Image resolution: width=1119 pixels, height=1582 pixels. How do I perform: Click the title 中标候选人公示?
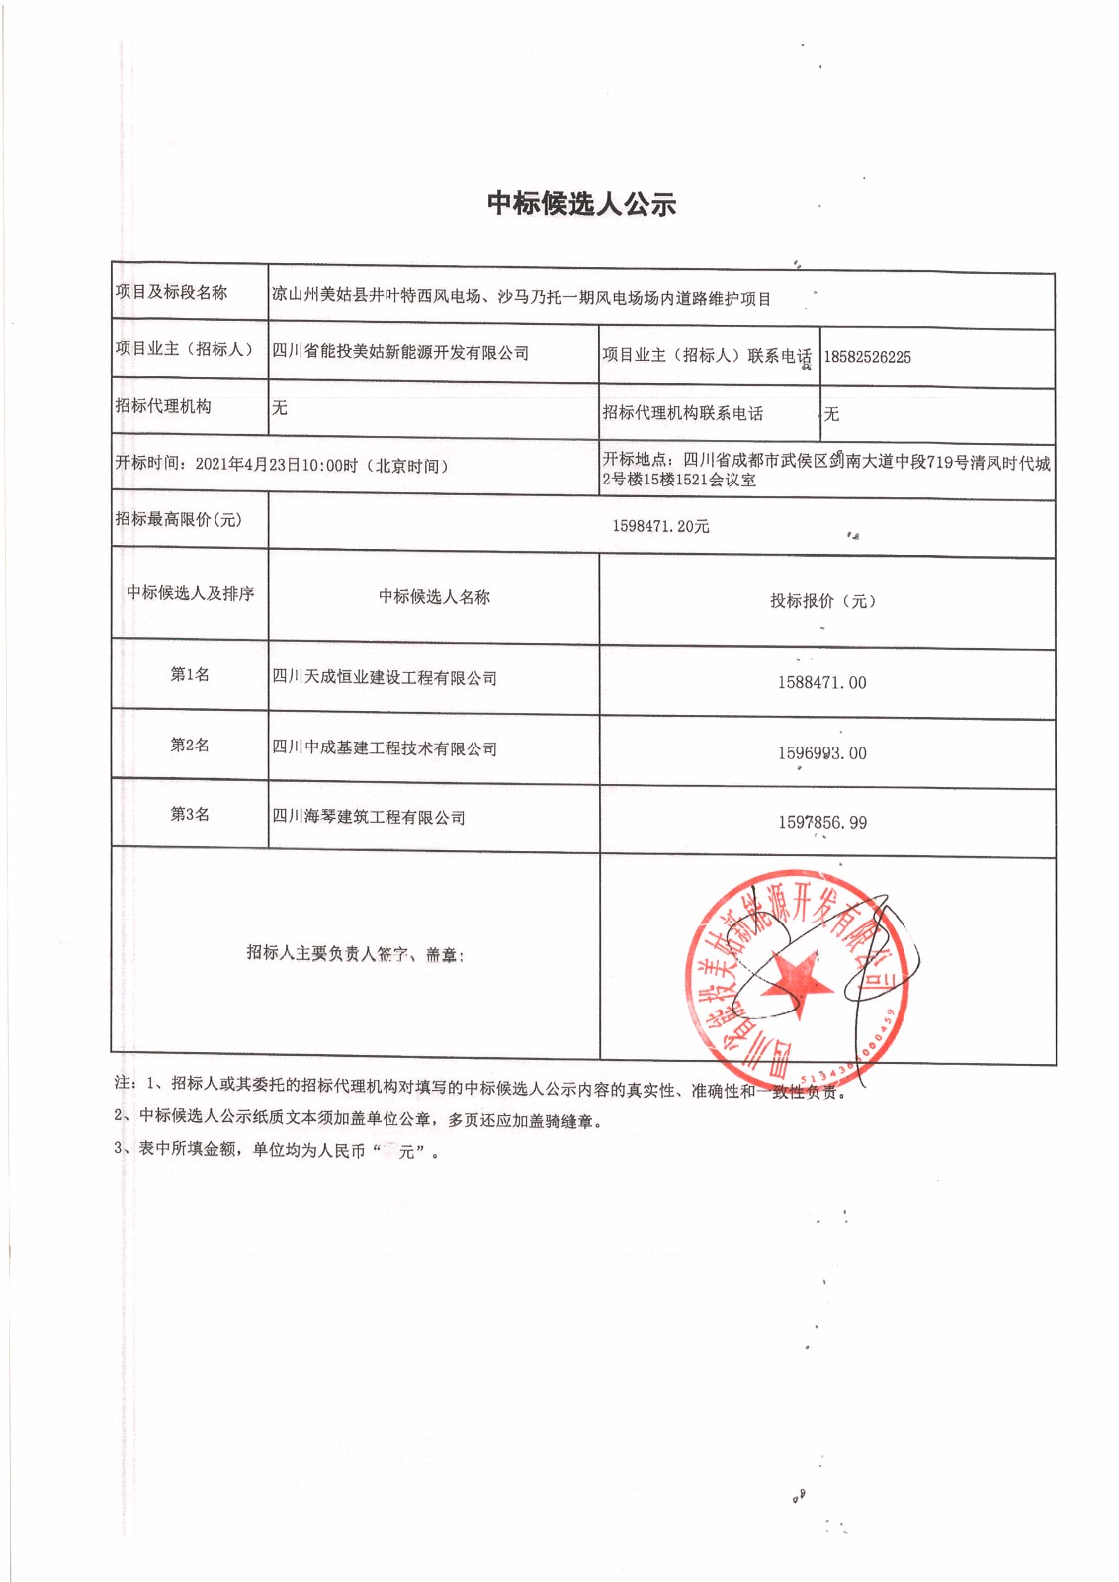click(581, 204)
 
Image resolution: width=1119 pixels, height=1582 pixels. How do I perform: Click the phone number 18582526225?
click(867, 357)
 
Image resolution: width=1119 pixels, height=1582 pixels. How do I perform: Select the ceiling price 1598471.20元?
click(660, 526)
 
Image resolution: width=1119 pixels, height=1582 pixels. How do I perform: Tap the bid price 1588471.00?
click(821, 683)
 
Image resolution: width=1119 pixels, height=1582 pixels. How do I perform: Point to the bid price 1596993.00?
click(821, 753)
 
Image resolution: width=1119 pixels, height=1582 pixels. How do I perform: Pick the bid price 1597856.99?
click(821, 823)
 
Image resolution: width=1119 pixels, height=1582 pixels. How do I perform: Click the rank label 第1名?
click(190, 674)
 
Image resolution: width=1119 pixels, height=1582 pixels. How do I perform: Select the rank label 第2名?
click(190, 745)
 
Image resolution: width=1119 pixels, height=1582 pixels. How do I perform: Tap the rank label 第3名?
click(190, 814)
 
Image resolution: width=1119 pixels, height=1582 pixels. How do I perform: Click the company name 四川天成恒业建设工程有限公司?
click(385, 678)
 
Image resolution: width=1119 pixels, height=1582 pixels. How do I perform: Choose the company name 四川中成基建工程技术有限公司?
click(385, 748)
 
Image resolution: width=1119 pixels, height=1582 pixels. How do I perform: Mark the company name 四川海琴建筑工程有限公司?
click(369, 817)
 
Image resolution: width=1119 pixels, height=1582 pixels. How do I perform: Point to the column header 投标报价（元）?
click(822, 601)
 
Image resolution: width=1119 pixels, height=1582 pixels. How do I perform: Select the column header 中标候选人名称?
click(434, 597)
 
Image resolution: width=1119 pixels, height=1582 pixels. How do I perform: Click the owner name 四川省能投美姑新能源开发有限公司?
click(400, 353)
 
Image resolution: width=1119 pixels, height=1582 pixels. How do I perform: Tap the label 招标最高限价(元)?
click(178, 520)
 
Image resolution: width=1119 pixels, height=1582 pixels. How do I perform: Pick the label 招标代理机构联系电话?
click(683, 413)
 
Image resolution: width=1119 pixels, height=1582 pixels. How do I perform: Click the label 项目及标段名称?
click(171, 292)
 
